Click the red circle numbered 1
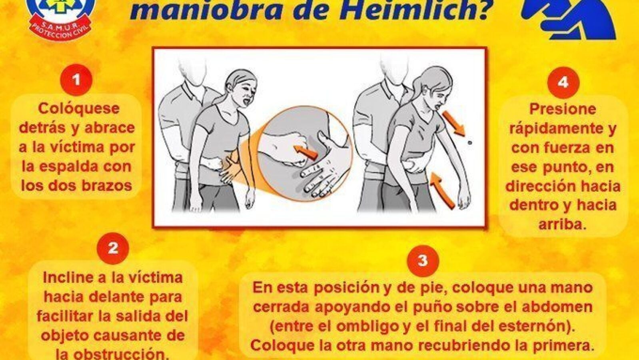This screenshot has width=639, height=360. point(76,80)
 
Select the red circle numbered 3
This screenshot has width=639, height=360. point(423,260)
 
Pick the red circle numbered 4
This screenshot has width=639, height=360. point(563,83)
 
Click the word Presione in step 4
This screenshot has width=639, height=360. point(563,109)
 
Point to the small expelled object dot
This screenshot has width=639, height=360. point(469,143)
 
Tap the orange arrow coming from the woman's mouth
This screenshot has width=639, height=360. point(454,123)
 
